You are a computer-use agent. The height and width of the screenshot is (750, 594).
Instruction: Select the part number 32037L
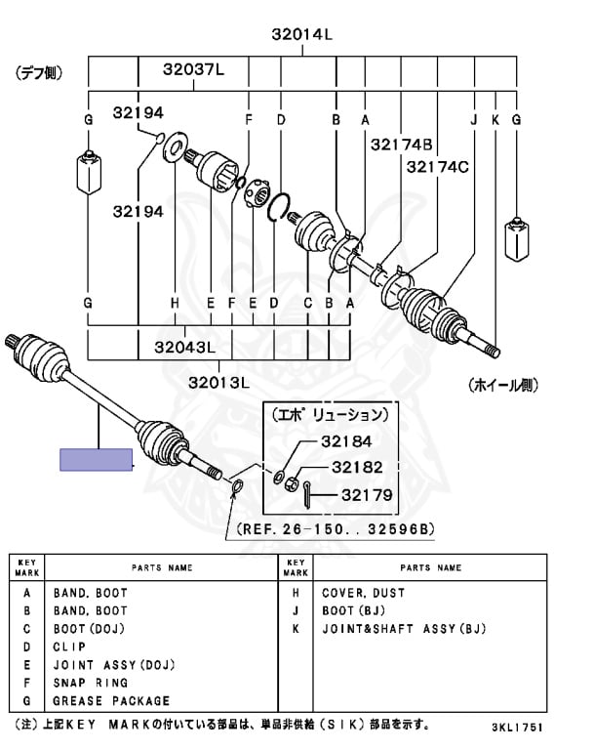pos(193,69)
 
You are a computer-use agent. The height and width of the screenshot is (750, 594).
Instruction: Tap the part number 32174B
pos(401,145)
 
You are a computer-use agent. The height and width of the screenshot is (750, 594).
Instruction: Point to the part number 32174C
pos(437,167)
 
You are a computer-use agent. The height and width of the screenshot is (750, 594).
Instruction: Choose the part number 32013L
pos(220,381)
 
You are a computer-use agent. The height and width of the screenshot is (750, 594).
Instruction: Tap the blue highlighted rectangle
pos(97,459)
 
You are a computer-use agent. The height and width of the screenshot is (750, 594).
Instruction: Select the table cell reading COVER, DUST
pos(363,593)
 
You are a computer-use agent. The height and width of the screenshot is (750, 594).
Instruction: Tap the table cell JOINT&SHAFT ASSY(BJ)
pos(403,629)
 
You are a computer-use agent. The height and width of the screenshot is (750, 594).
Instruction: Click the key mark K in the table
pos(297,629)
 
